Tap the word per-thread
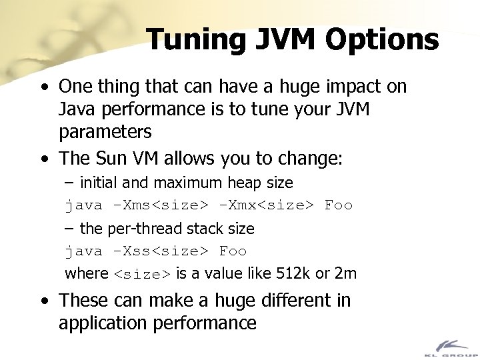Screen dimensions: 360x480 [140, 229]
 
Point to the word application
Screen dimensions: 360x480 [107, 323]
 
